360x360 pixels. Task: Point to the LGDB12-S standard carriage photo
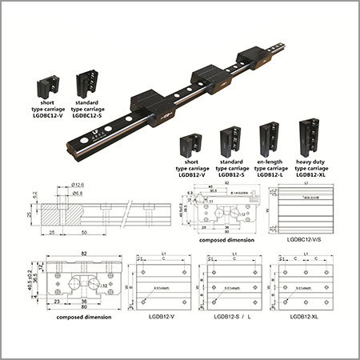[229, 142]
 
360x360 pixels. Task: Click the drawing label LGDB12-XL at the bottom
[299, 317]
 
